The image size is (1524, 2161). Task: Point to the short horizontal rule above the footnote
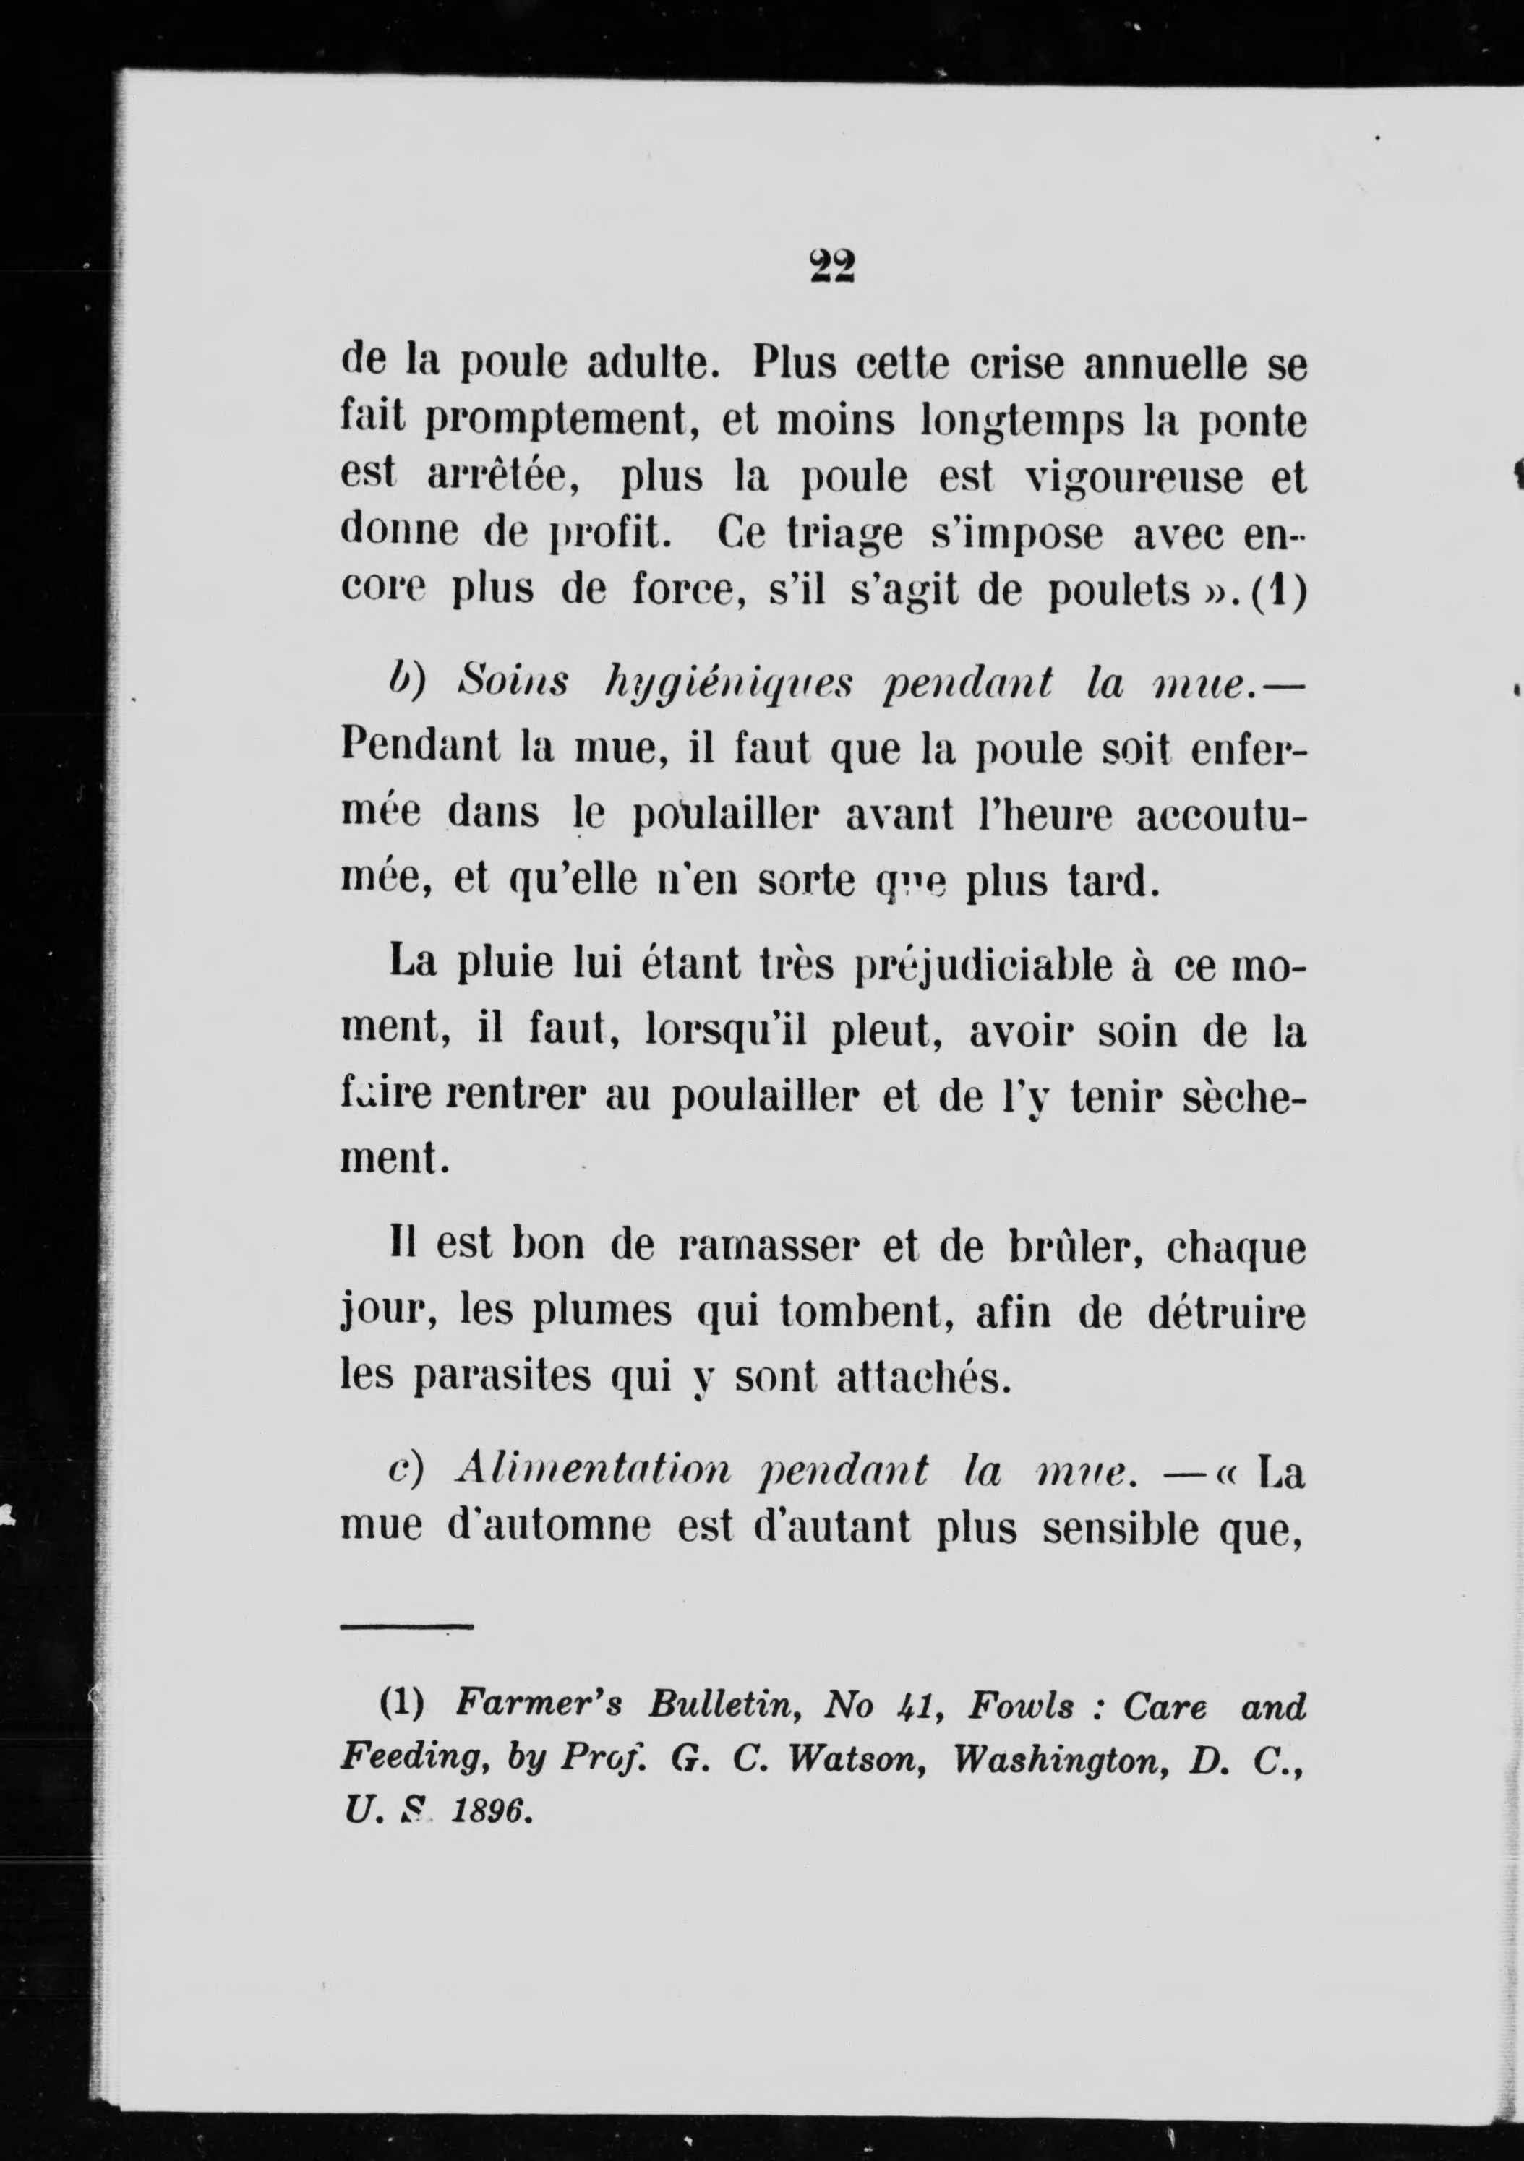[406, 1625]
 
